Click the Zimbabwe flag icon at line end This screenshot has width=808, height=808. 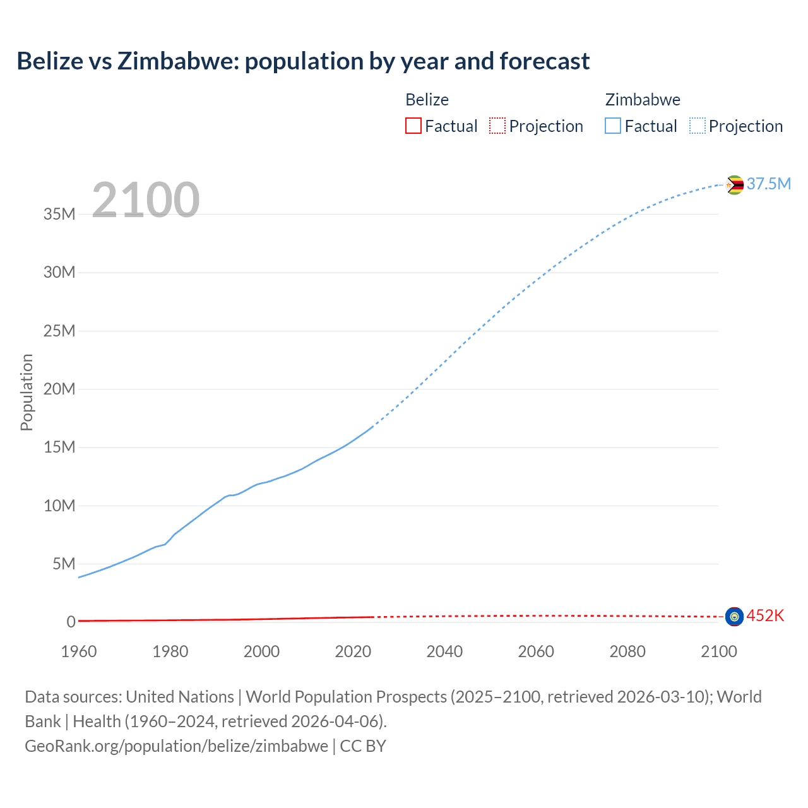point(734,185)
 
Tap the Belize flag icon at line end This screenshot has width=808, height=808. point(734,616)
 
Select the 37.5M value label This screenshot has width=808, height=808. point(768,184)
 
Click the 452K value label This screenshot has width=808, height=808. point(765,615)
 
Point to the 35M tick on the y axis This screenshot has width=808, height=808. point(59,214)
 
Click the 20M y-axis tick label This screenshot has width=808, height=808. point(59,389)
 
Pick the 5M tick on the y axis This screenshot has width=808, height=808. point(64,564)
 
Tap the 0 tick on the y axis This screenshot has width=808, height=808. point(71,622)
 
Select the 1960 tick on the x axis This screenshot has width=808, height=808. point(79,651)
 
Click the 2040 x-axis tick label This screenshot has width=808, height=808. point(444,651)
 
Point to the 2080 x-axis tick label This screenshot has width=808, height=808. point(627,651)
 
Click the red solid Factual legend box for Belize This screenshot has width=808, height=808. point(413,126)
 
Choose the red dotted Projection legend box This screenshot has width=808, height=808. point(497,126)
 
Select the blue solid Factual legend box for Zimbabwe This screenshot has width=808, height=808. point(613,126)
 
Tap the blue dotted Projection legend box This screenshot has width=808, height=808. point(697,126)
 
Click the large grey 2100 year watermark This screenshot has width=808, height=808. point(146,200)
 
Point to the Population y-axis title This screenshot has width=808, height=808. point(27,392)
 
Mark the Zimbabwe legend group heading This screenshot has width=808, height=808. point(643,100)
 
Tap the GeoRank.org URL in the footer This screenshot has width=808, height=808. point(176,746)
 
